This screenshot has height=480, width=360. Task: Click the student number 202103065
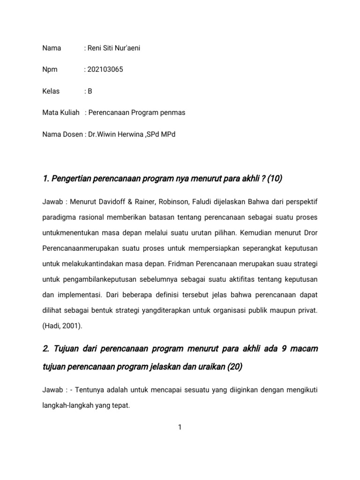click(x=105, y=69)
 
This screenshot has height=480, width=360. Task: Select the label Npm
click(x=50, y=69)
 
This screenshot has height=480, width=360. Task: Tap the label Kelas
click(x=51, y=91)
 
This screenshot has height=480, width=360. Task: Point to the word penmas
click(x=173, y=112)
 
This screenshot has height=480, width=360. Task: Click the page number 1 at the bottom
click(x=180, y=427)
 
